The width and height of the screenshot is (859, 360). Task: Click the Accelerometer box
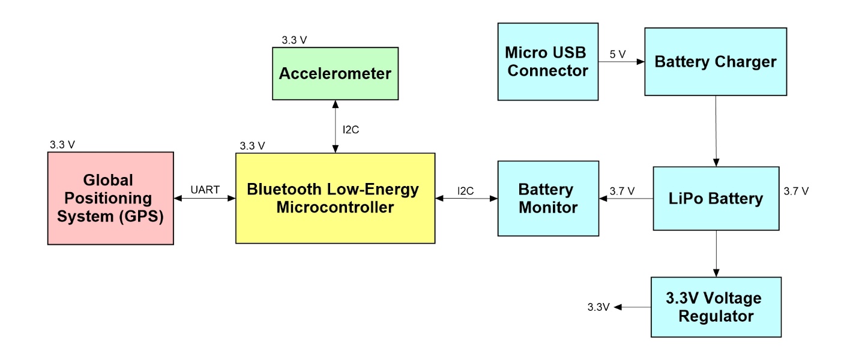[x=335, y=74]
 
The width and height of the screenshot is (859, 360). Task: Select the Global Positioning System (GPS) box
[x=110, y=198]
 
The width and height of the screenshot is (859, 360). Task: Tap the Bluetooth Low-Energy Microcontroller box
[x=335, y=198]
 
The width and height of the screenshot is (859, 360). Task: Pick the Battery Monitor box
[x=547, y=198]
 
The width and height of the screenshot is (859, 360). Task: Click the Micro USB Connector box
[x=547, y=61]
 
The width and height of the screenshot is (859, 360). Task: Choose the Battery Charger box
[x=715, y=61]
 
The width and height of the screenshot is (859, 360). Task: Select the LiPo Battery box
[x=715, y=198]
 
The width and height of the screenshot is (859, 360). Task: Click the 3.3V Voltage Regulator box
[x=715, y=307]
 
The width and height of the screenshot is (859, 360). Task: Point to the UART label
[x=204, y=189]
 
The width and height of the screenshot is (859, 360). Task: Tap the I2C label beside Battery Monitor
[x=466, y=191]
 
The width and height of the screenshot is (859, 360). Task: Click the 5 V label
[x=618, y=54]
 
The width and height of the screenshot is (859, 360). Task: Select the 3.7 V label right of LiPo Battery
[x=796, y=191]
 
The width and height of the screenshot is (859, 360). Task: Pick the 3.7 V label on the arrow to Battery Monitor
[x=622, y=191]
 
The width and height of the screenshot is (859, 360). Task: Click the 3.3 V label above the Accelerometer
[x=294, y=41]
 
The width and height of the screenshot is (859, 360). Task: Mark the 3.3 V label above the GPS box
[x=62, y=145]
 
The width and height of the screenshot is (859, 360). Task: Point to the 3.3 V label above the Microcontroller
[x=252, y=146]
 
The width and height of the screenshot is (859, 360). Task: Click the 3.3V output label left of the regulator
[x=598, y=307]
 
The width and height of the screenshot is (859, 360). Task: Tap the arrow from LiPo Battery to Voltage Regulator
[x=715, y=253]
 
